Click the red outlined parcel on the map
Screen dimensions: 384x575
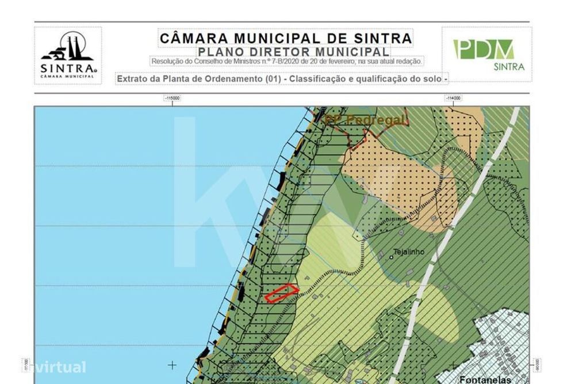pos(282,293)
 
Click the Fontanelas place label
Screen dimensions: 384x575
pos(485,379)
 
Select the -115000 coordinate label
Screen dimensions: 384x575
pos(172,98)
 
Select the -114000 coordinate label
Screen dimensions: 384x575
pos(453,98)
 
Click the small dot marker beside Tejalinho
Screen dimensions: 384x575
pos(390,257)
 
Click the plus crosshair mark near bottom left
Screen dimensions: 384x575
pos(172,364)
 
